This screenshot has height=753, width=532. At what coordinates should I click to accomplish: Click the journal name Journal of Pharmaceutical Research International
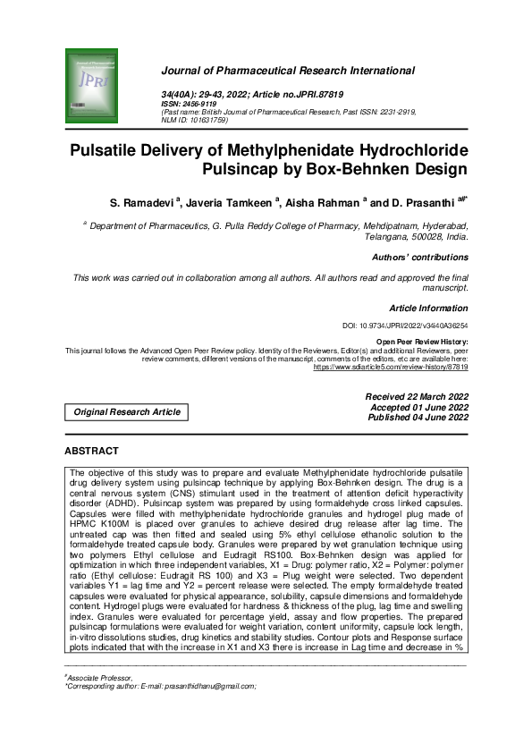(287, 71)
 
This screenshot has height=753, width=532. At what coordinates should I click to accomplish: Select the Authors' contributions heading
(420, 258)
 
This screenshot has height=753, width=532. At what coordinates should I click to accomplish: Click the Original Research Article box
(128, 412)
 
